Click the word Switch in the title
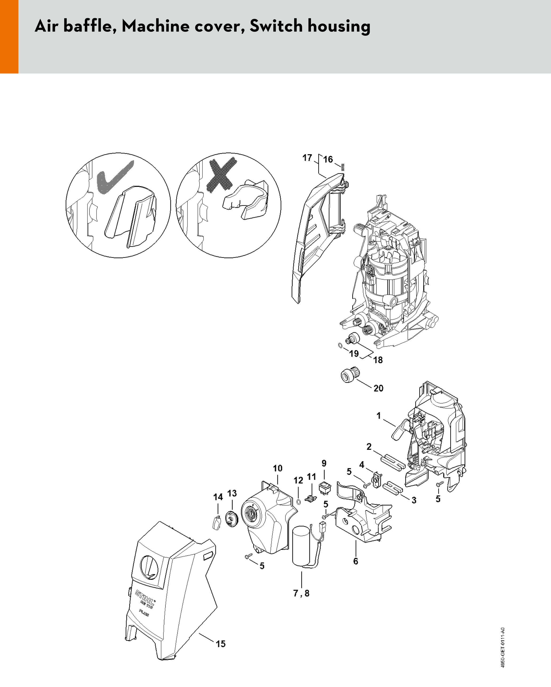pos(276,26)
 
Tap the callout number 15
pos(221,644)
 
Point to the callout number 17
pos(307,158)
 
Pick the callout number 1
pos(379,416)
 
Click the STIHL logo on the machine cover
pos(145,597)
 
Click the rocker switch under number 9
pos(325,489)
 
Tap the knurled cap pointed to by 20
pos(348,374)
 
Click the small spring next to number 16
pos(343,167)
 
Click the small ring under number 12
pos(299,502)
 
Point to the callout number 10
pos(278,468)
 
